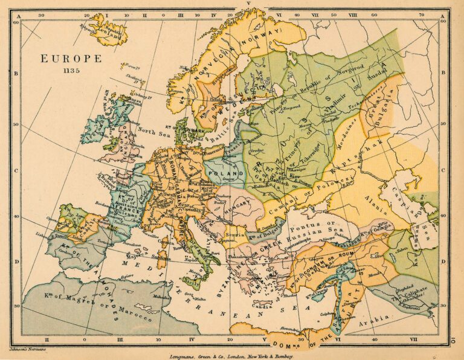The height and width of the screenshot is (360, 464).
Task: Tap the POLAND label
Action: [221, 173]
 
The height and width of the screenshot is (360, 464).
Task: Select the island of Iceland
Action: [108, 30]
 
